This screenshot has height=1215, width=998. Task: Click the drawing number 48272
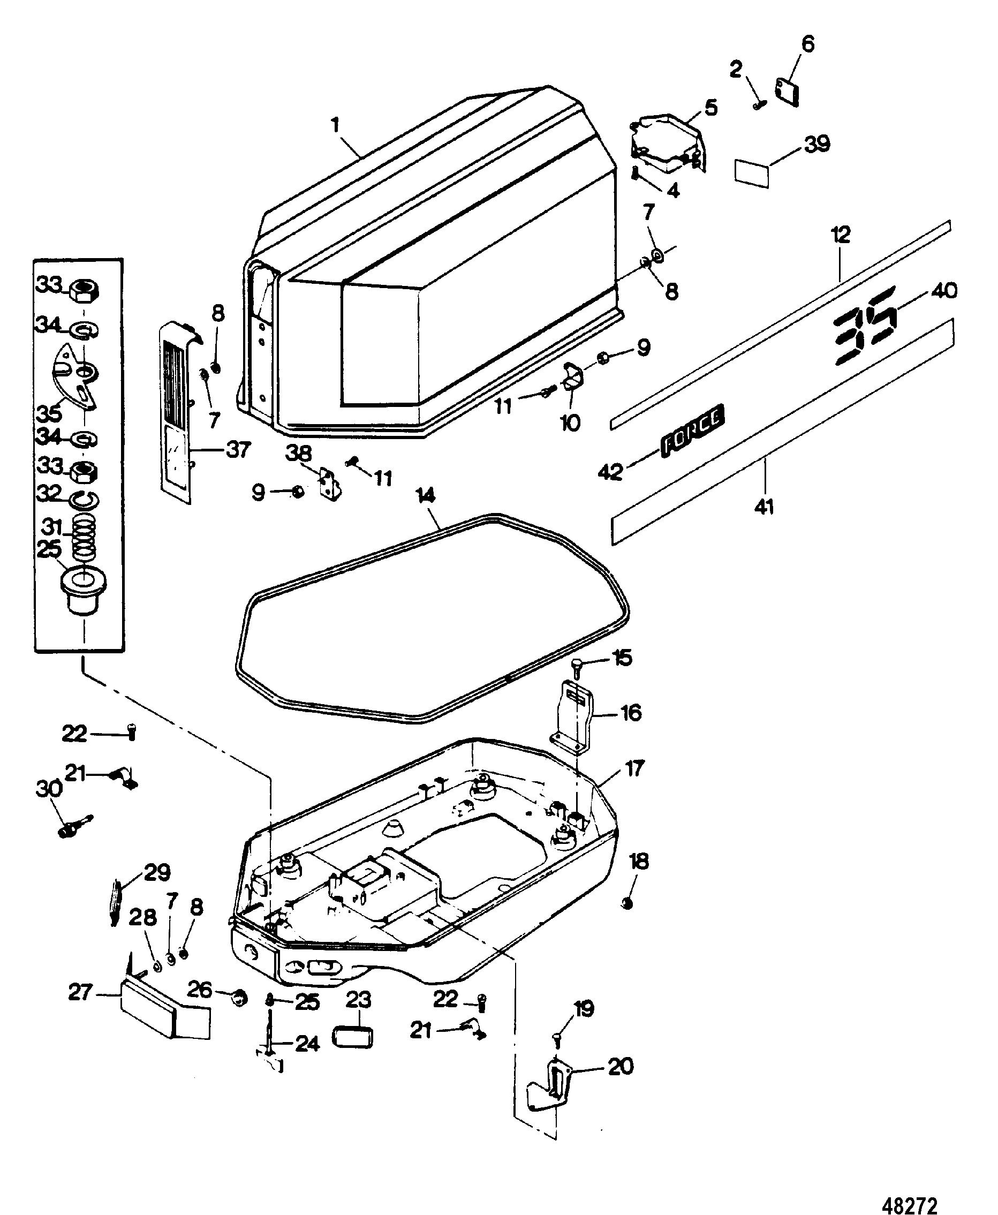point(910,1189)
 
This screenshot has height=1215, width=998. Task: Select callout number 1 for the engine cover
point(336,125)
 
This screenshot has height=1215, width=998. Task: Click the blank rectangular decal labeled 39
point(752,173)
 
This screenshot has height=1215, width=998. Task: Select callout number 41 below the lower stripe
point(764,507)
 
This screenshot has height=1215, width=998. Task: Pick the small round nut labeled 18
point(628,903)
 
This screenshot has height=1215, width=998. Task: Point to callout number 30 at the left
point(49,788)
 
